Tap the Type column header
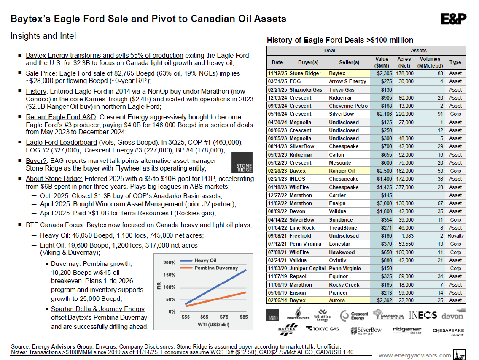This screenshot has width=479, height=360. (x=455, y=62)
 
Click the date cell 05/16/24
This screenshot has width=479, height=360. (x=277, y=114)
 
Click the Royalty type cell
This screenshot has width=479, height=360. (x=455, y=236)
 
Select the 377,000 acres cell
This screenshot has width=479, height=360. (x=404, y=187)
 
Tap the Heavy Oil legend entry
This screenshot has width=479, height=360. (x=205, y=260)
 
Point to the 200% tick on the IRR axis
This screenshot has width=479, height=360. (x=170, y=263)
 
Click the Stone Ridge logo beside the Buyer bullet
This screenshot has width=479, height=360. (x=242, y=162)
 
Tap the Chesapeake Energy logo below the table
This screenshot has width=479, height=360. (x=448, y=331)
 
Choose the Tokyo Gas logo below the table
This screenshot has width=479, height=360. (x=323, y=329)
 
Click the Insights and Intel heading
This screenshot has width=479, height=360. (x=43, y=36)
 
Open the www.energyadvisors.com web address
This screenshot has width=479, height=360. (x=414, y=355)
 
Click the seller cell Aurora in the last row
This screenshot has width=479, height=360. (x=337, y=301)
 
